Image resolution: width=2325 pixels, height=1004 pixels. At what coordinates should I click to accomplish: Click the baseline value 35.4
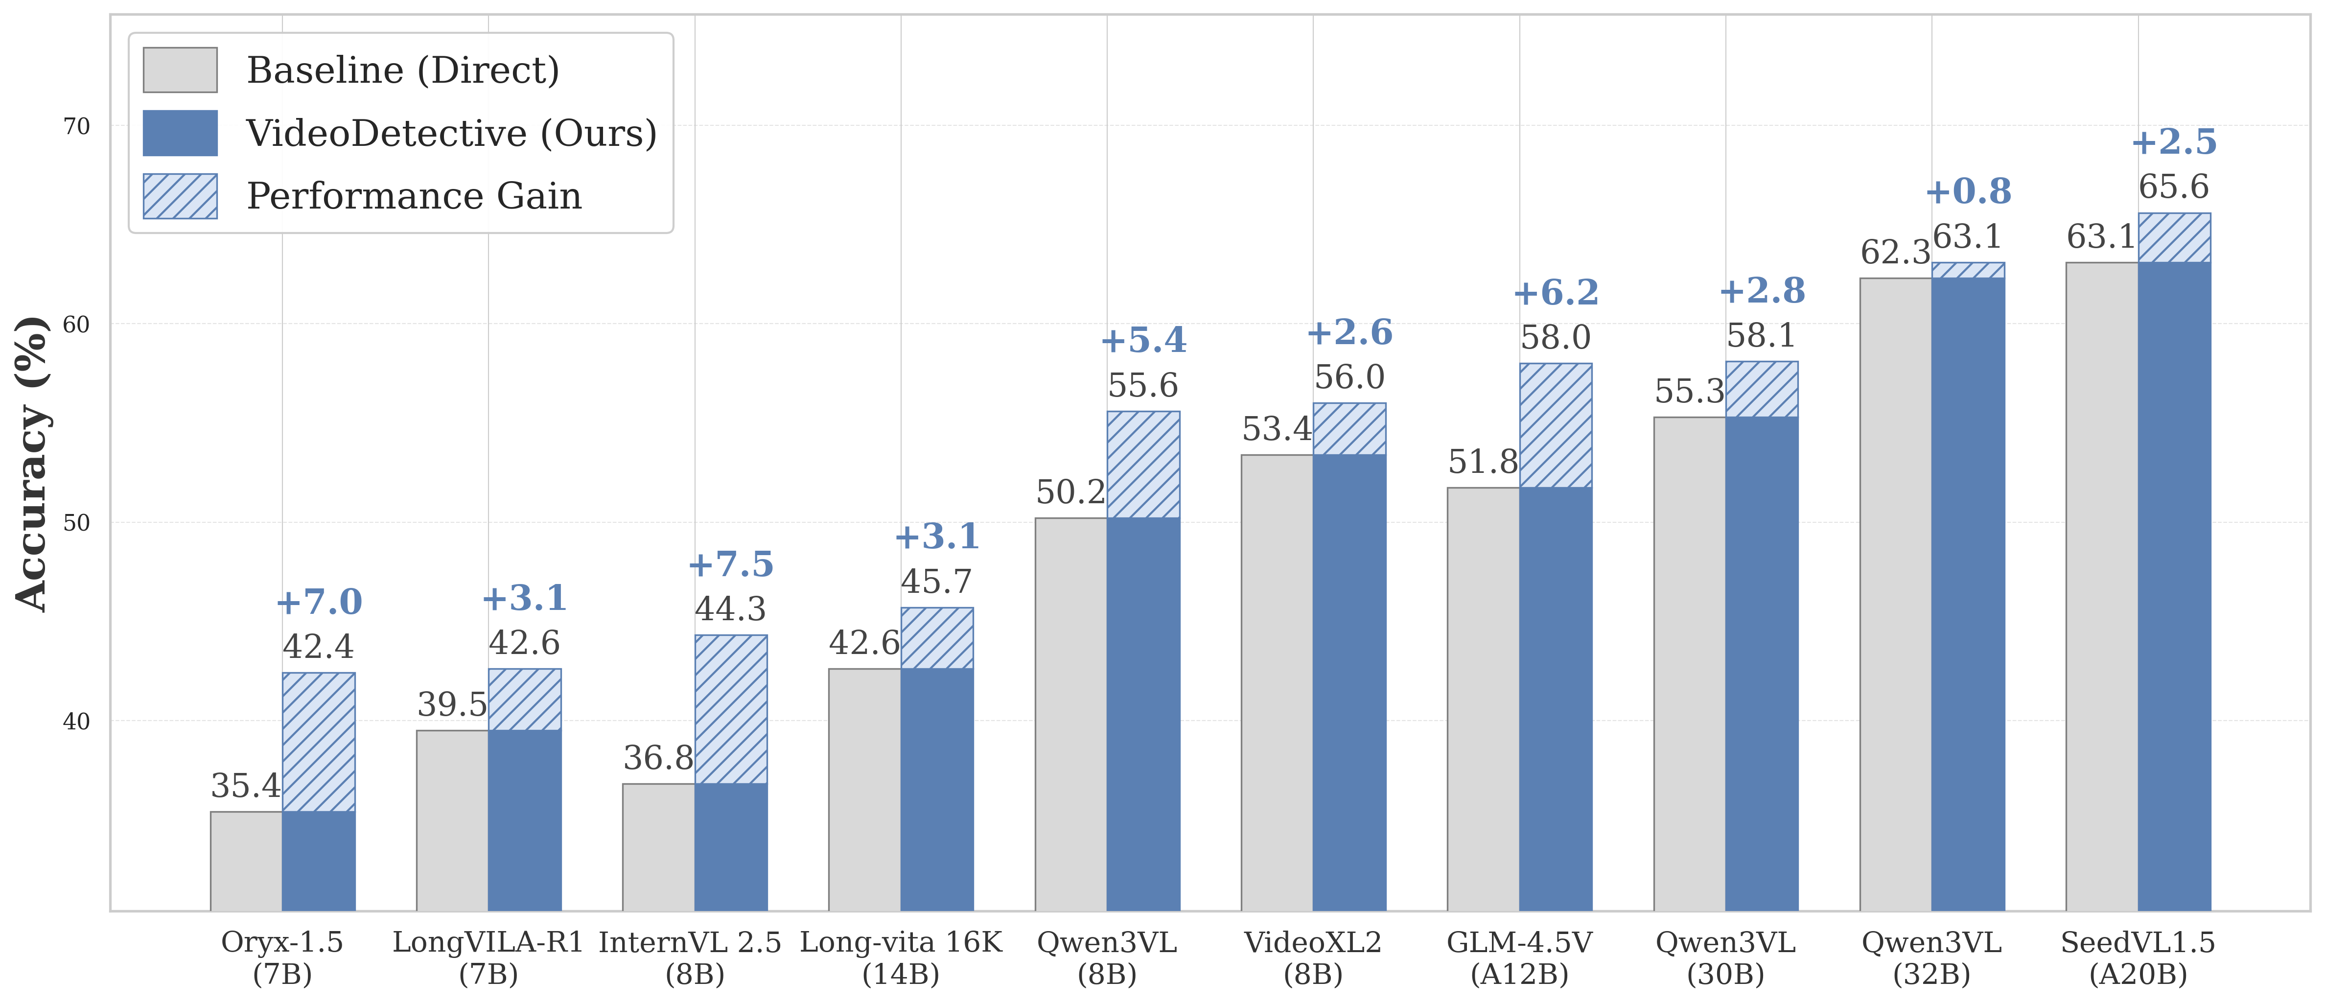[x=246, y=786]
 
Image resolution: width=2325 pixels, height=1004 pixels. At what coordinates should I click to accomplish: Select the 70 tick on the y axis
[x=77, y=126]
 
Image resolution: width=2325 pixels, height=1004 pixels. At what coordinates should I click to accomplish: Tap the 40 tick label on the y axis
[x=77, y=722]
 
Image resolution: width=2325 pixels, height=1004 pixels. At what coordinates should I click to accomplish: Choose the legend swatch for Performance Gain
[x=181, y=196]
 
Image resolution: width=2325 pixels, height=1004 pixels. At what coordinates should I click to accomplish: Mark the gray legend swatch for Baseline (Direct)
[x=181, y=70]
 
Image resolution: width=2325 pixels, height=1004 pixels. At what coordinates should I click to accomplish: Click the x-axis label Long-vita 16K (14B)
[x=901, y=958]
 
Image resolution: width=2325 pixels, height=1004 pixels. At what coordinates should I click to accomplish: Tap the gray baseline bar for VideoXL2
[x=1277, y=682]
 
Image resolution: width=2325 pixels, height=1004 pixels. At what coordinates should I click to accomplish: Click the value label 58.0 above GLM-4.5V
[x=1555, y=338]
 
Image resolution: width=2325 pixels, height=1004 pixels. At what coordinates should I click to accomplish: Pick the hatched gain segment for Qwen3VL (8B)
[x=1143, y=465]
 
